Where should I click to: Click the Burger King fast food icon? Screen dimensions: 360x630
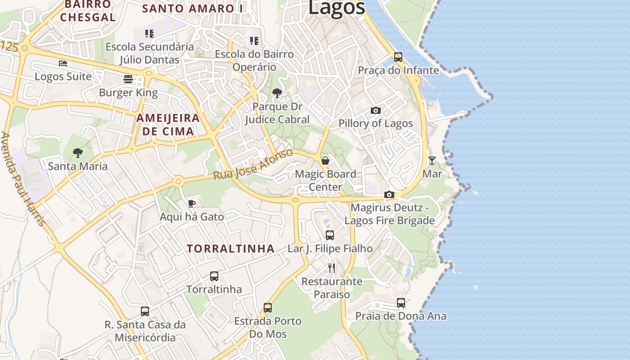[x=128, y=80]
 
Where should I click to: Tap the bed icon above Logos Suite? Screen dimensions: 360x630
[x=63, y=63]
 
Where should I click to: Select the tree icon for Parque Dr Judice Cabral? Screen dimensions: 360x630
[x=277, y=93]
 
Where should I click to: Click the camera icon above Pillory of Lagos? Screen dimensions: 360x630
[x=376, y=110]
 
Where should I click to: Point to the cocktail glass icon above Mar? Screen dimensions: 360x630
[x=432, y=160]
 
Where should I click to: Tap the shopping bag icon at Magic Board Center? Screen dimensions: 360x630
[x=325, y=161]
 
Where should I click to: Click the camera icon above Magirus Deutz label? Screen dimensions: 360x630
[x=389, y=195]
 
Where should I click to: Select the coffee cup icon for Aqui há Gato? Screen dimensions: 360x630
[x=192, y=203]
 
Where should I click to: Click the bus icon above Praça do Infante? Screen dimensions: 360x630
[x=398, y=57]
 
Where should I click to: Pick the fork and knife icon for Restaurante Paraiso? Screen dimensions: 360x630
[x=332, y=268]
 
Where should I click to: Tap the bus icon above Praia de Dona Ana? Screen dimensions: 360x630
[x=401, y=303]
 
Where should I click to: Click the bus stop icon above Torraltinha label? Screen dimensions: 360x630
[x=214, y=276]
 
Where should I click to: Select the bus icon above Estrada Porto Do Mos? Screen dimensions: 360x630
[x=268, y=308]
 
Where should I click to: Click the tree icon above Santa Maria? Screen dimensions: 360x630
[x=78, y=153]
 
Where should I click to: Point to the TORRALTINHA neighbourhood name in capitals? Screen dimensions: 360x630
[x=230, y=248]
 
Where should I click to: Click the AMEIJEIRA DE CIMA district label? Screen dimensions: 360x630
[x=168, y=125]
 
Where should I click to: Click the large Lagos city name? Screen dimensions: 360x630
[x=337, y=8]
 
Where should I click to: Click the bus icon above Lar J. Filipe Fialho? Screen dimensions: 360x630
[x=330, y=235]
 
